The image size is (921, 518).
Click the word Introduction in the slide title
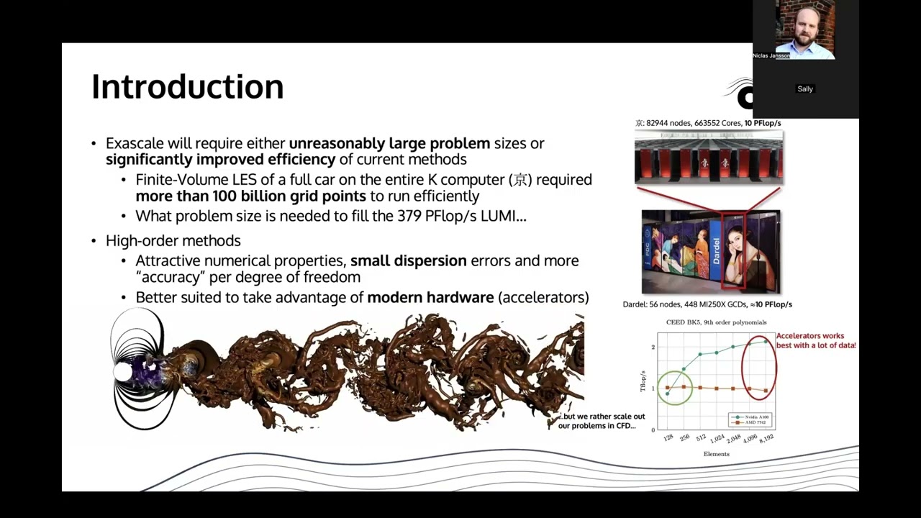[187, 86]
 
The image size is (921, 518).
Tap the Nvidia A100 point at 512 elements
[700, 355]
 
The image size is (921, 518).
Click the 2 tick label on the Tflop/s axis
[653, 347]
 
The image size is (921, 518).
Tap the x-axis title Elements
[716, 454]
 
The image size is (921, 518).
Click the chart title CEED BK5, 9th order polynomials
[716, 322]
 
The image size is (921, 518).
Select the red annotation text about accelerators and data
[815, 340]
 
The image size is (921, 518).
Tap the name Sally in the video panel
[804, 89]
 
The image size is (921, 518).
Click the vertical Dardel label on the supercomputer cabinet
[716, 250]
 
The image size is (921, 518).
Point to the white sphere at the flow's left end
[123, 372]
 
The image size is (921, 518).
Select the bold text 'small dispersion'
[408, 260]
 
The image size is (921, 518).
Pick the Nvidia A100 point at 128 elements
[667, 394]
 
